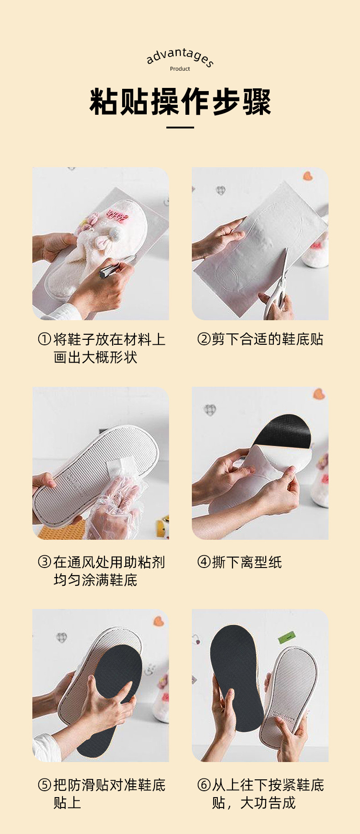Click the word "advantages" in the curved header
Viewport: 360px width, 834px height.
(180, 56)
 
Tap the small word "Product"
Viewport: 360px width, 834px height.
(180, 69)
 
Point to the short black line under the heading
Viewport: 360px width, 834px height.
(180, 127)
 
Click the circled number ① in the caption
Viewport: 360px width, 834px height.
(44, 339)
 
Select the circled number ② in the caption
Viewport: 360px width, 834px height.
(203, 339)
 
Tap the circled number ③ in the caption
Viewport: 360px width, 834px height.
(44, 562)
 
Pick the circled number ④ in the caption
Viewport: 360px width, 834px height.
(203, 562)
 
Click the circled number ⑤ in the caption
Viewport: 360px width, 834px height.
(44, 785)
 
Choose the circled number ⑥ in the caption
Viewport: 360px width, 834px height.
(203, 785)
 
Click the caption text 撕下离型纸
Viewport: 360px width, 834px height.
(247, 562)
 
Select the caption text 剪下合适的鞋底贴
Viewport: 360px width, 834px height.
(268, 339)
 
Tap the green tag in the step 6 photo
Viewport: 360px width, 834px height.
(287, 637)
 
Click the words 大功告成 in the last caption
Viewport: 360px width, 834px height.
(268, 803)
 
